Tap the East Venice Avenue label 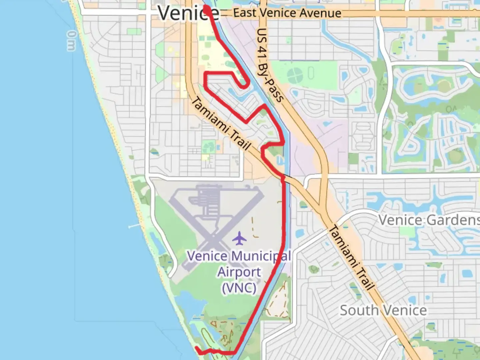(x=287, y=13)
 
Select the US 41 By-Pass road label (x=270, y=65)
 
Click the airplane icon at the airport (x=239, y=238)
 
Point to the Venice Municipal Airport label (x=239, y=271)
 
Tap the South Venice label (x=383, y=310)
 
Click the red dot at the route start (x=207, y=10)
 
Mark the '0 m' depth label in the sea (x=71, y=41)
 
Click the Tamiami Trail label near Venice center (x=221, y=123)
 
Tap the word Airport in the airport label (x=239, y=272)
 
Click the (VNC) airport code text (x=239, y=287)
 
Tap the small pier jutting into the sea (x=135, y=226)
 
